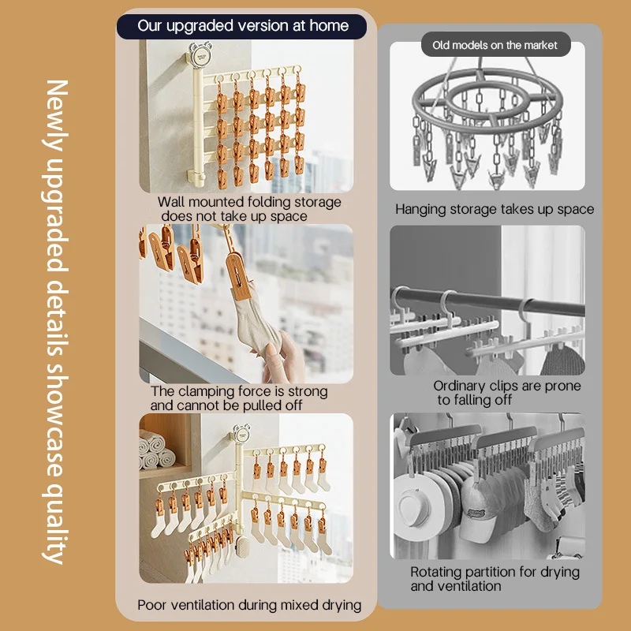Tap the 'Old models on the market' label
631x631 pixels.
point(495,45)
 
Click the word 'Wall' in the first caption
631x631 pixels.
point(171,202)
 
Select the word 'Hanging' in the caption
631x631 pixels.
point(420,210)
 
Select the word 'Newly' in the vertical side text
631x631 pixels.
point(55,116)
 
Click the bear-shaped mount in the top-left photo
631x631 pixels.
point(200,55)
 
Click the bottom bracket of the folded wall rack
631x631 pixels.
point(196,176)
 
